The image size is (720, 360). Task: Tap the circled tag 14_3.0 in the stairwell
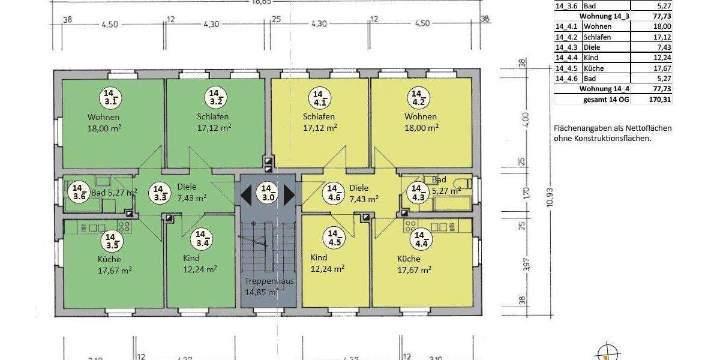[268, 192]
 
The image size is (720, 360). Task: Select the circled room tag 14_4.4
[419, 239]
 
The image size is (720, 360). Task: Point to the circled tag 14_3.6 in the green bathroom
[79, 192]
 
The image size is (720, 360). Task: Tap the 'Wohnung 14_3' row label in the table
[604, 16]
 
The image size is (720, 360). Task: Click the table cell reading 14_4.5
[567, 68]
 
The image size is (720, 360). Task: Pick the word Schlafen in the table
[597, 37]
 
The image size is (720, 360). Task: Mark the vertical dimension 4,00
[526, 120]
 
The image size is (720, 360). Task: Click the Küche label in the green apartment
[109, 260]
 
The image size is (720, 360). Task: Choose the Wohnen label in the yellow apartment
[421, 116]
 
